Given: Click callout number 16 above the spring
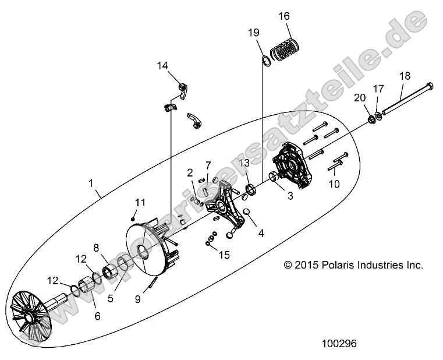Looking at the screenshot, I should [284, 16].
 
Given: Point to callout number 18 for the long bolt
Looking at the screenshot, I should [405, 76].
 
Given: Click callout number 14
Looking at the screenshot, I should [162, 66].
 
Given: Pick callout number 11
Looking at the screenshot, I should [140, 202].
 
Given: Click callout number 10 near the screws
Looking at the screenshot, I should [334, 185].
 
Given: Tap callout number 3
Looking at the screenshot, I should [290, 196].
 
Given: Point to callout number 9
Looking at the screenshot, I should [137, 299].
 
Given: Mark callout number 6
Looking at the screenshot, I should [97, 316].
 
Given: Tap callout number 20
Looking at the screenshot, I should [360, 97].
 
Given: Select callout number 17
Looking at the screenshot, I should [378, 89].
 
